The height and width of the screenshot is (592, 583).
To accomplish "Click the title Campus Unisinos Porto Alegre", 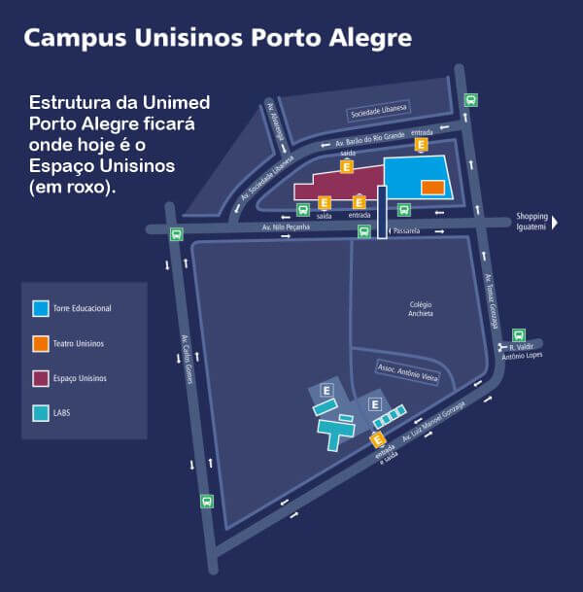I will (218, 38).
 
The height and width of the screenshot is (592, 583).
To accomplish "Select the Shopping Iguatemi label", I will (532, 222).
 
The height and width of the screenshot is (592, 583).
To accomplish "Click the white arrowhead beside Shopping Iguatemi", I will (555, 222).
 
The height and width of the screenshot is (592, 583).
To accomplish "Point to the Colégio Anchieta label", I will (421, 308).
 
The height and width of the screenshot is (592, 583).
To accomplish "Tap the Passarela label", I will (405, 231).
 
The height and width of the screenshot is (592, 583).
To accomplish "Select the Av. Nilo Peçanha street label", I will (286, 227).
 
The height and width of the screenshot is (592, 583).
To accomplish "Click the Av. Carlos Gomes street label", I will (186, 360).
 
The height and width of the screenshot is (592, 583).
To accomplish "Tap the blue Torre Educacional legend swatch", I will (41, 308).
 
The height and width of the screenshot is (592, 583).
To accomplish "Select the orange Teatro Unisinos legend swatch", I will (41, 343).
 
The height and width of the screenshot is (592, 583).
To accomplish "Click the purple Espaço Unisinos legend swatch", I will (41, 378).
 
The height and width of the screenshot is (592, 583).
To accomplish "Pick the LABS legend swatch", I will (41, 413).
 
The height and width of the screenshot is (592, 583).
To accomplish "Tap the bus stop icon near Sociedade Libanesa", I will (470, 99).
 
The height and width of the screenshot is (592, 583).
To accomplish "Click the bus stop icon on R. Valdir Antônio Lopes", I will (519, 335).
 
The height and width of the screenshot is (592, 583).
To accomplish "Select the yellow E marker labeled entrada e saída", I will (377, 440).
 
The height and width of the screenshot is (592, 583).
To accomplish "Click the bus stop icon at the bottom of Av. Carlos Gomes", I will (206, 502).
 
